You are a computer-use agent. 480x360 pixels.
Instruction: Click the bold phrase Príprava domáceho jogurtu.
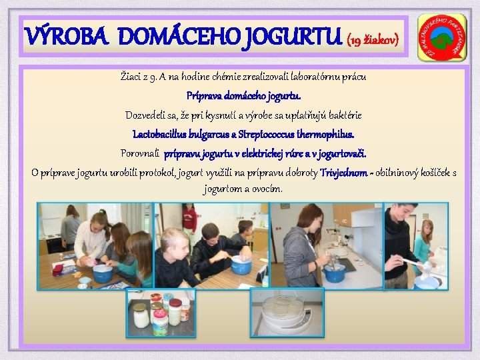coord(239,96)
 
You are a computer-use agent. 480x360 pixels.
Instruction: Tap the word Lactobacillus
coord(163,135)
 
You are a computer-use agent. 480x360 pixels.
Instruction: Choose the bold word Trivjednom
coord(343,173)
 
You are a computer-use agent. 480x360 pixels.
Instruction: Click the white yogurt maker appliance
coord(287,314)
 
